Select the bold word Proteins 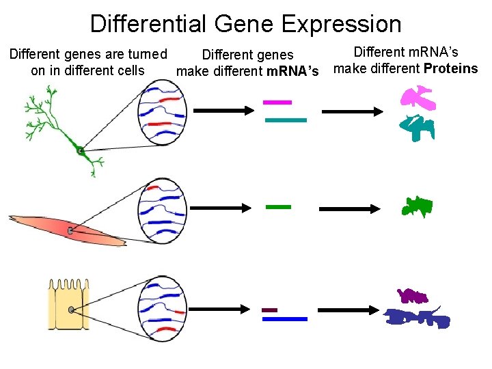[450, 68]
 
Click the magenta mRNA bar [277, 102]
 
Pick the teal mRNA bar [285, 120]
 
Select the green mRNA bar [277, 206]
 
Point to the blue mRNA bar [285, 318]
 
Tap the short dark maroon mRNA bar [269, 310]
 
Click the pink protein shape [418, 98]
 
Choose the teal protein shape [417, 126]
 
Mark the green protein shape [415, 206]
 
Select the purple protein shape [413, 297]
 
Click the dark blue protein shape [418, 317]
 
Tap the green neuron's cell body [80, 150]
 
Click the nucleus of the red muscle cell [70, 231]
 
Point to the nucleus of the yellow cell [72, 310]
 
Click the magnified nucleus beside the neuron [161, 113]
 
